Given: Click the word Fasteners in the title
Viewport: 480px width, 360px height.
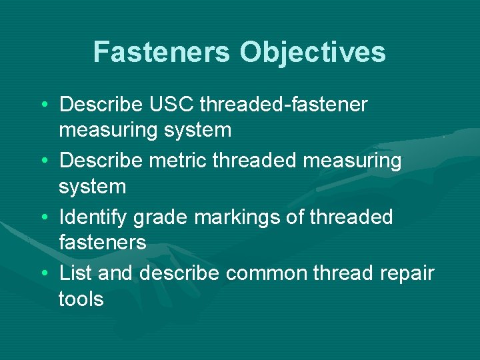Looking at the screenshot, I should click(162, 53).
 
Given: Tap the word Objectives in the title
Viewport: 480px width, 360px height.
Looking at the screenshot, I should click(313, 53).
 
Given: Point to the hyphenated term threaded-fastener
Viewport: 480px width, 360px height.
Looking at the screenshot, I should click(284, 105).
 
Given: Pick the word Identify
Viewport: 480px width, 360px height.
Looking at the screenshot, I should click(93, 217).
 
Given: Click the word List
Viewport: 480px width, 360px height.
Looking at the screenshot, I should click(73, 273).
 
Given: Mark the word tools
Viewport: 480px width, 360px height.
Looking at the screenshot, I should click(81, 299).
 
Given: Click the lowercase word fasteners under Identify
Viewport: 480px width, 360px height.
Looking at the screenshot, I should click(103, 243).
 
